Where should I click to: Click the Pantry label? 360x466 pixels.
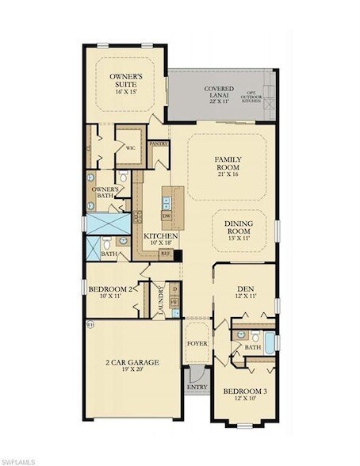[159, 143]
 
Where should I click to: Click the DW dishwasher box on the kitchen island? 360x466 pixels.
[167, 216]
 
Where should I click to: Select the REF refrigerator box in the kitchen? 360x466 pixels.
[165, 254]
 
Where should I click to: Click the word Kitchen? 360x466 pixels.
[160, 236]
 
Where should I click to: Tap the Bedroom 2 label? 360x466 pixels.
[109, 289]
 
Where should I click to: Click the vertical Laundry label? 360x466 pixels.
[159, 300]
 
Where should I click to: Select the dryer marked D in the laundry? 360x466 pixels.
[174, 289]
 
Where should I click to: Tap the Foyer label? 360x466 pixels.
[196, 344]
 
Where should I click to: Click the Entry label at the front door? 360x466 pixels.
[196, 387]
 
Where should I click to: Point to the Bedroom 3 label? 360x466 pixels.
[243, 392]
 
